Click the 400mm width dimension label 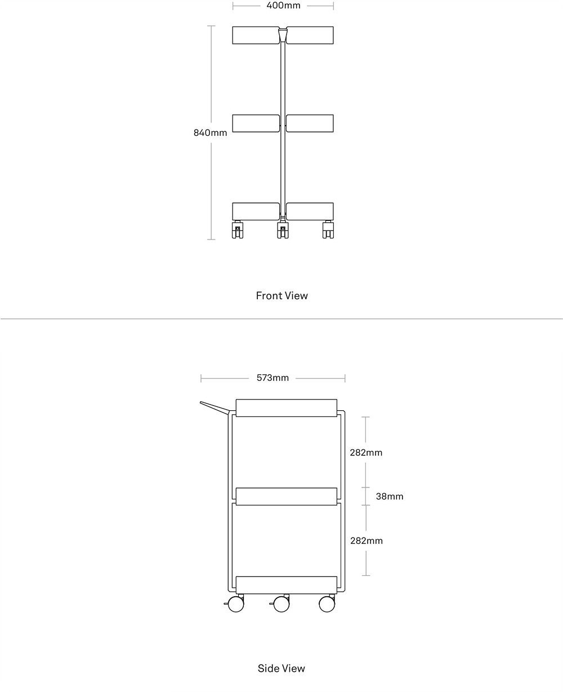point(283,6)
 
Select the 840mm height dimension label point(210,132)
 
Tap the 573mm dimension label point(272,378)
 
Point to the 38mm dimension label point(390,496)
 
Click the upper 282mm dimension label point(366,453)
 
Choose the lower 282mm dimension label point(367,540)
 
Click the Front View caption point(281,296)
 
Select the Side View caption point(281,668)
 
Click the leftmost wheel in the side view point(236,604)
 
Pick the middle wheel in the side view point(281,604)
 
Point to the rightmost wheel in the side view point(327,604)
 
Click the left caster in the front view point(238,230)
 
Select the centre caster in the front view point(283,230)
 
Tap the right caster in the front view point(328,230)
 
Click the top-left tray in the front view point(256,35)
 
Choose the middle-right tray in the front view point(310,123)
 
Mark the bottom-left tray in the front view point(256,211)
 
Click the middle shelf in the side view point(286,496)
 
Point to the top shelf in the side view point(286,408)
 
